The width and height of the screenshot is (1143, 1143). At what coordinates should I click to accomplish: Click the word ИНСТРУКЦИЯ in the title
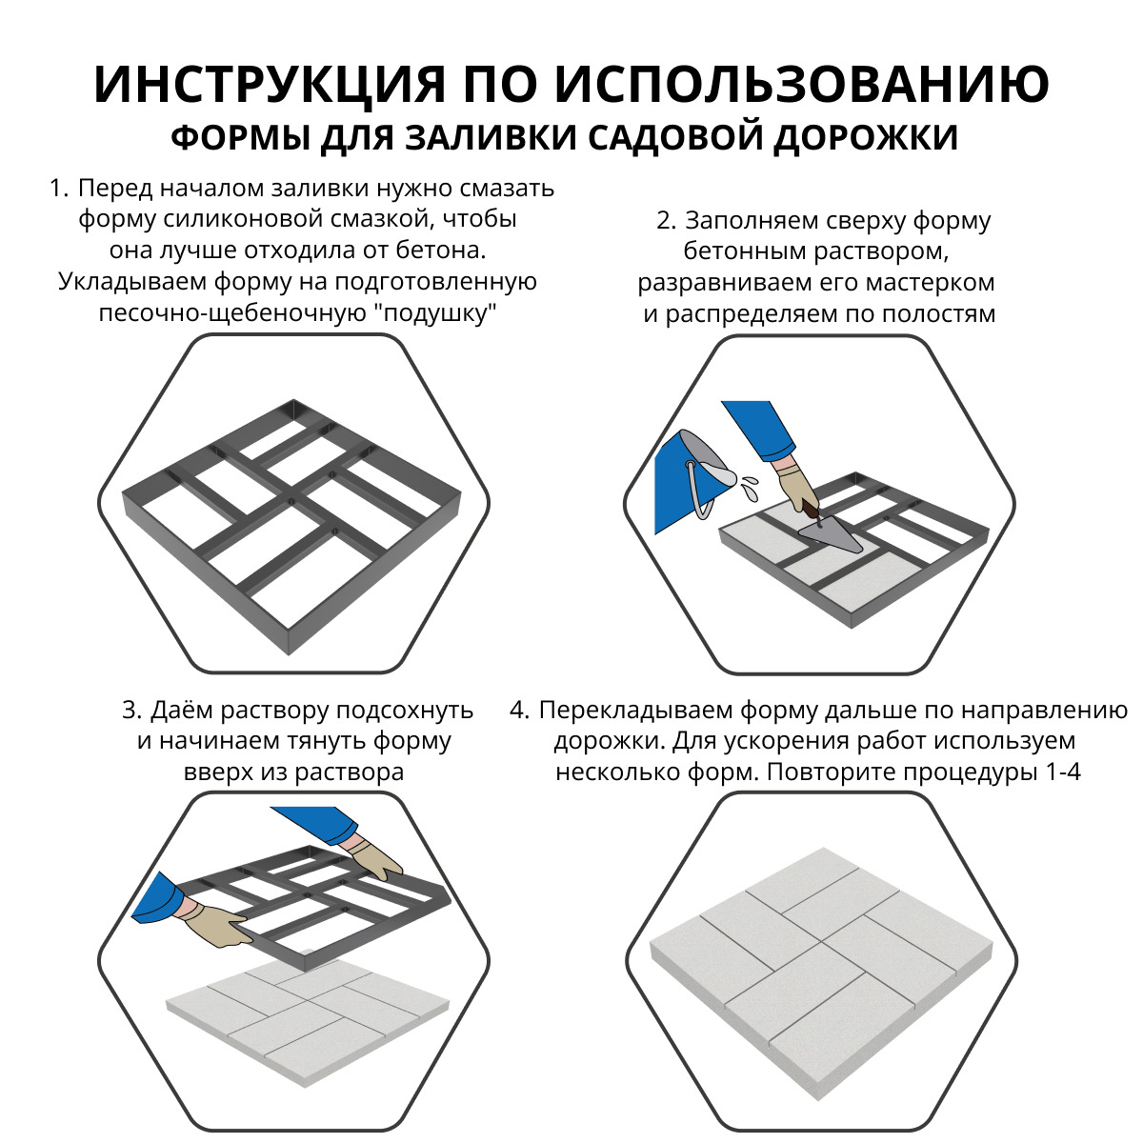click(x=269, y=85)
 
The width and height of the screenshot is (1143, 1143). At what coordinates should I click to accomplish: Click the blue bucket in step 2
click(x=684, y=481)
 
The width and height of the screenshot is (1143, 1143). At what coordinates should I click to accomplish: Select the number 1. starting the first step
click(x=59, y=189)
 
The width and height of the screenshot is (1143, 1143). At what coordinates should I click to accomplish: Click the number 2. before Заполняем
click(x=666, y=221)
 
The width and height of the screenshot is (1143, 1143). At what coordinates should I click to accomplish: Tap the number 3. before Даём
click(x=132, y=711)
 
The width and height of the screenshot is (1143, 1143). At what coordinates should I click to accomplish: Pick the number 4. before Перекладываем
click(x=519, y=711)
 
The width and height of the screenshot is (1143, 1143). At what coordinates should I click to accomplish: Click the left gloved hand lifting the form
click(x=214, y=923)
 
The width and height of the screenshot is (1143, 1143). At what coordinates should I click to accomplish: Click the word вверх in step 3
click(x=217, y=772)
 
